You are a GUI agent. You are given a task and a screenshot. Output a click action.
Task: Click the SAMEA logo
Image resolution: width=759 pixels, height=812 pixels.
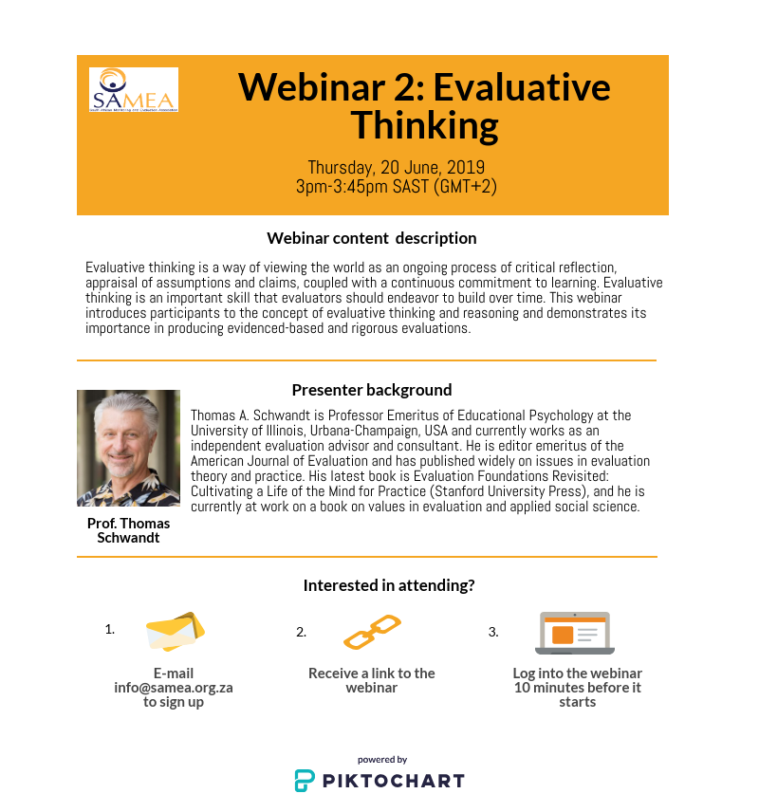click(x=133, y=90)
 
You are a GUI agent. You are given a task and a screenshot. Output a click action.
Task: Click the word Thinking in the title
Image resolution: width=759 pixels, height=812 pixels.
click(x=424, y=124)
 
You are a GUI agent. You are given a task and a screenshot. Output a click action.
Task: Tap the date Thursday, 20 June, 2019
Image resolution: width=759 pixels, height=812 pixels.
click(x=397, y=168)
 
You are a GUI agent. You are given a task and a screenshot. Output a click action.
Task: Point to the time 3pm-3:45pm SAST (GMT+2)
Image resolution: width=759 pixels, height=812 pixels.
click(x=397, y=186)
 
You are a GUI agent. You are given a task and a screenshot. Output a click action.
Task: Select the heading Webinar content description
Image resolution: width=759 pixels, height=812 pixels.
click(x=372, y=238)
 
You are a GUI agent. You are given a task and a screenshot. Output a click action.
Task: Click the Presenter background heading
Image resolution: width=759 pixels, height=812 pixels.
click(x=372, y=390)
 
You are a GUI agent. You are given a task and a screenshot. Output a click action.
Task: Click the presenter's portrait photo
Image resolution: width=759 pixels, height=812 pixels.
click(x=128, y=448)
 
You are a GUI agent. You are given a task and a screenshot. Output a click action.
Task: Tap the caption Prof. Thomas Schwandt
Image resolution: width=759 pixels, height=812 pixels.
click(x=128, y=530)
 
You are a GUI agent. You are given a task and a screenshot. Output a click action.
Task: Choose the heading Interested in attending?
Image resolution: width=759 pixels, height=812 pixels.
click(x=389, y=585)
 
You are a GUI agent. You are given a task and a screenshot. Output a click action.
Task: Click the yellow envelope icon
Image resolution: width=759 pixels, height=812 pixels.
click(x=176, y=632)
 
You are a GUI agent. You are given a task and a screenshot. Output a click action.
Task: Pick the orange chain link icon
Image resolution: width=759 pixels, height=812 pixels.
click(x=372, y=633)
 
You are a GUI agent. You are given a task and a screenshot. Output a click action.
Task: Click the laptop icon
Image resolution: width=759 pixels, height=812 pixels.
click(x=575, y=633)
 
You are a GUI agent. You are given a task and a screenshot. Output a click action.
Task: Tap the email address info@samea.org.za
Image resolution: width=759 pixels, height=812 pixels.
click(x=174, y=688)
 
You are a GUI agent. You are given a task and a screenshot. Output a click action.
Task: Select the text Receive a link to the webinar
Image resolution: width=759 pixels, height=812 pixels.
click(x=372, y=680)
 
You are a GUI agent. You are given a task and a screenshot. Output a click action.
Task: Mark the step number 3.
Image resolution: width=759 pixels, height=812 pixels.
click(x=493, y=632)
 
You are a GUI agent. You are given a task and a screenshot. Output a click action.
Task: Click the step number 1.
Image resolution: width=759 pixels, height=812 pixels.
click(x=110, y=628)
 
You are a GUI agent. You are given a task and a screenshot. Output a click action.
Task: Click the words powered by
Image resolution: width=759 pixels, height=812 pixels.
click(x=382, y=760)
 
